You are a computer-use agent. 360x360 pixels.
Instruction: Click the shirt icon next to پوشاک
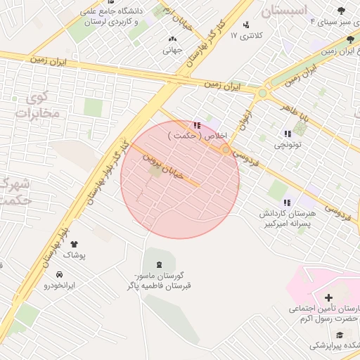click(x=73, y=244)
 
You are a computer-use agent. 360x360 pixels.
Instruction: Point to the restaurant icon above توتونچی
click(x=287, y=134)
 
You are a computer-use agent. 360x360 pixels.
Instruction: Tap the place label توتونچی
click(x=287, y=145)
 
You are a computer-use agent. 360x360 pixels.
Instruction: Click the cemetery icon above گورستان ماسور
click(x=158, y=264)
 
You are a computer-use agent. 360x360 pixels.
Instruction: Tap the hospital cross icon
click(x=328, y=298)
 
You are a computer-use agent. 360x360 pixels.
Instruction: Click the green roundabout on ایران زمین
click(x=263, y=93)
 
